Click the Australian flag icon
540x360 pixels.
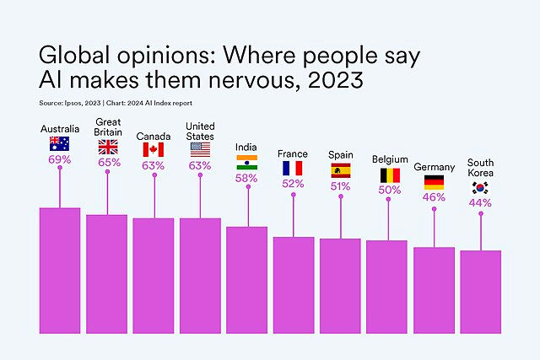pos(59,142)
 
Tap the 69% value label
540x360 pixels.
pos(59,159)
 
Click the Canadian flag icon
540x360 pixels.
pos(154,149)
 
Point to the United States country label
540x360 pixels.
pos(200,131)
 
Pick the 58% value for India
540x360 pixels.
pos(246,178)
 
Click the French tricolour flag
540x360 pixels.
pos(293,169)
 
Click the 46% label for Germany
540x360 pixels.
pos(435,196)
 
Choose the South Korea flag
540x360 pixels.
pos(481,187)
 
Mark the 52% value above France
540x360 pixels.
pos(293,184)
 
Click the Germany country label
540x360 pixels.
pos(435,167)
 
